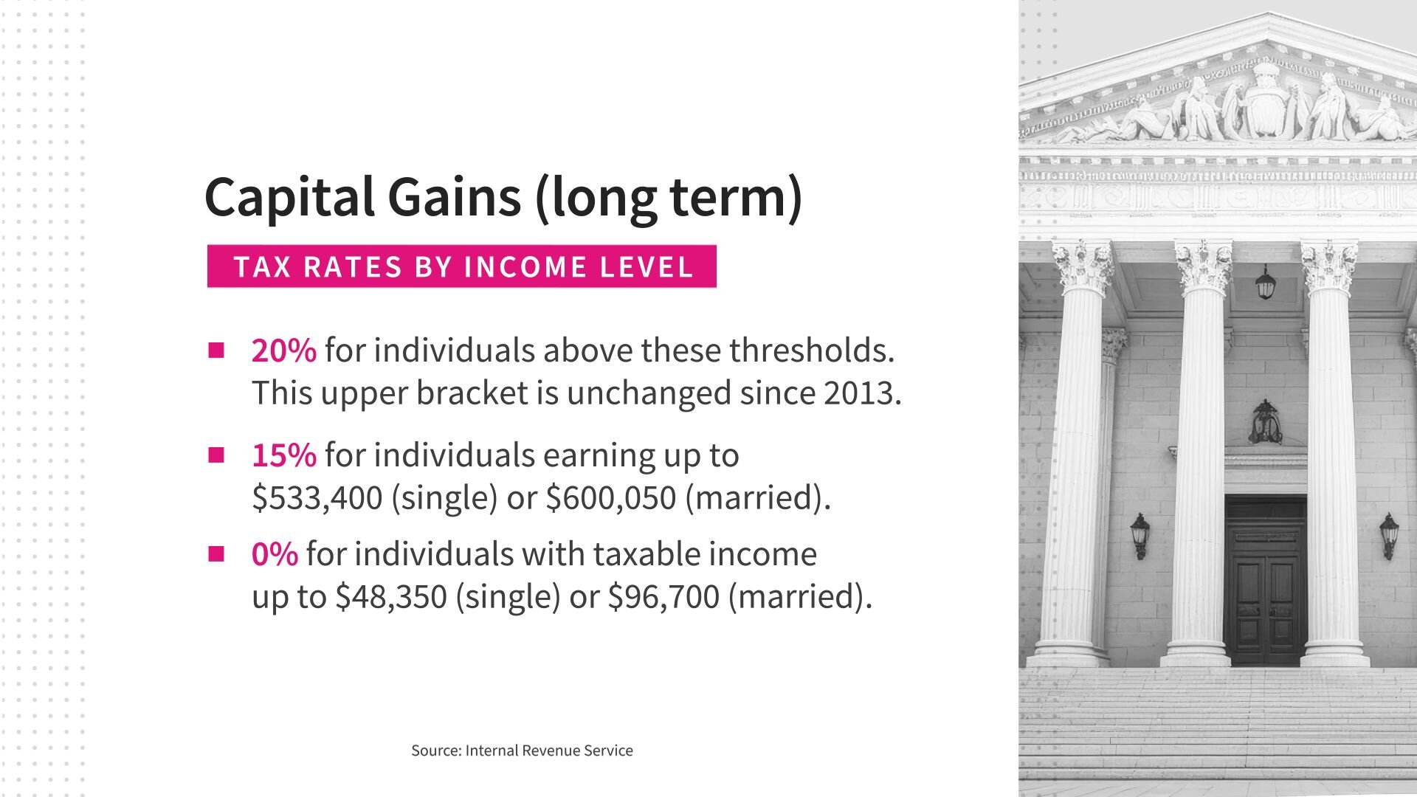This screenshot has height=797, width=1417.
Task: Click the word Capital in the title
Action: (289, 198)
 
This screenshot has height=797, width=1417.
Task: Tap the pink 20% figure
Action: (284, 350)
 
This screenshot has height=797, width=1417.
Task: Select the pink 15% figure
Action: (284, 455)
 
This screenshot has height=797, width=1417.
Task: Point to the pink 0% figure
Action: (275, 553)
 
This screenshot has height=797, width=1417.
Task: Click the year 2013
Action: (859, 393)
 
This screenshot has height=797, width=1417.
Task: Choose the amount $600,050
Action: (611, 497)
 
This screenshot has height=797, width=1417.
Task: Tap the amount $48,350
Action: (391, 596)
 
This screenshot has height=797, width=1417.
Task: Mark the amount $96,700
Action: (663, 596)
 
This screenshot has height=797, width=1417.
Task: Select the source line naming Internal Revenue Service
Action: (522, 751)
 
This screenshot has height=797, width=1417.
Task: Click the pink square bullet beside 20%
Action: (216, 350)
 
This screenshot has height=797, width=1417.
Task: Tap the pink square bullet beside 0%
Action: (216, 553)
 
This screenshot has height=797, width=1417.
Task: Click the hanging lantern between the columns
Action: (1266, 283)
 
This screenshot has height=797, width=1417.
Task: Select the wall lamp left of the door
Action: (1140, 536)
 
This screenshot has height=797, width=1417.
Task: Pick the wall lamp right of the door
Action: (1390, 536)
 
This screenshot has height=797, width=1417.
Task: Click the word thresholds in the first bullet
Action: (812, 350)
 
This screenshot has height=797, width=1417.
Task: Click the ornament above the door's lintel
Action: (1265, 423)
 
